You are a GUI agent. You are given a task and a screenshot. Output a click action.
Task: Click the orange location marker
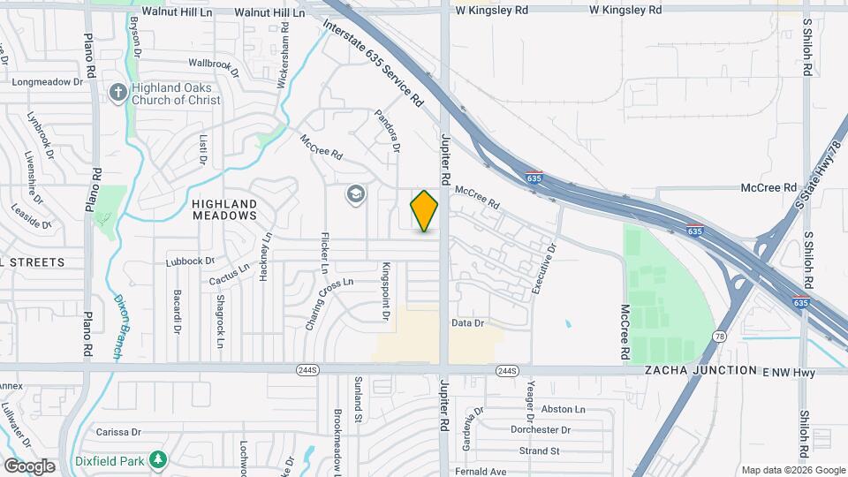click(424, 211)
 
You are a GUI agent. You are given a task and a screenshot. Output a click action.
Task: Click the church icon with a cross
click(117, 92)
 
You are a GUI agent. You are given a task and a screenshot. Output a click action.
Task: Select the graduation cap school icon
click(355, 194)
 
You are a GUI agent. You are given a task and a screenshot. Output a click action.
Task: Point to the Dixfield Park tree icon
click(157, 459)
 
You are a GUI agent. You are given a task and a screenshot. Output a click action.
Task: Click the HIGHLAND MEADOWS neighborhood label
click(224, 209)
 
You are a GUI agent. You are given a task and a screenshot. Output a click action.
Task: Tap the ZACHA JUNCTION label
click(701, 371)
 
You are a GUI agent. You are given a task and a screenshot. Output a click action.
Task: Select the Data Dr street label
click(468, 323)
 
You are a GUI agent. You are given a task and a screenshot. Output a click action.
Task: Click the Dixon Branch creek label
click(119, 327)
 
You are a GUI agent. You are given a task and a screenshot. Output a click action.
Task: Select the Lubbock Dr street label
click(191, 261)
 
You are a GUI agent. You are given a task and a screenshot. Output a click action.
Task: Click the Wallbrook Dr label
click(215, 64)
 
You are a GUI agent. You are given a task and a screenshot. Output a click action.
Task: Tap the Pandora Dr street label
click(387, 130)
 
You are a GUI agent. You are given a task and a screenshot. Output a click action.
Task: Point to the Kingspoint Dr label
click(386, 291)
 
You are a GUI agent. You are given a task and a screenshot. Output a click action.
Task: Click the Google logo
click(29, 466)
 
